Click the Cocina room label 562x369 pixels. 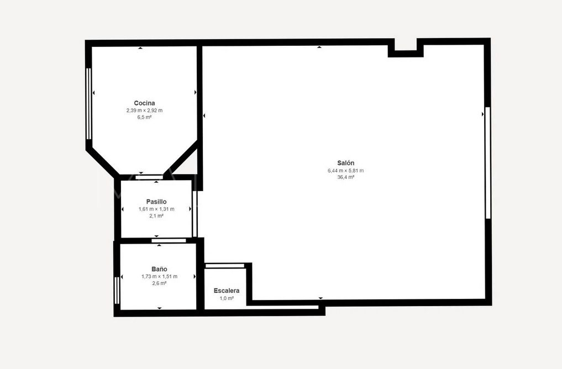coord(144,103)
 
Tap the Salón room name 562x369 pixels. coord(345,163)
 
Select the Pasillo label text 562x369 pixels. coord(156,202)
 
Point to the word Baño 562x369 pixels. coord(159,269)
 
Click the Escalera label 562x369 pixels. coord(227,291)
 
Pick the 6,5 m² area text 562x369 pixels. coord(144,117)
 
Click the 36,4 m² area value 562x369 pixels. coord(345,177)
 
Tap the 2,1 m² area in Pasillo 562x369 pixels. coord(156,216)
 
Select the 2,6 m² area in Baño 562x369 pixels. coord(159,283)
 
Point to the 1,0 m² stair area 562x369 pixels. coord(227,298)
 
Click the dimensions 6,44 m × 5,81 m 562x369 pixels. coord(345,170)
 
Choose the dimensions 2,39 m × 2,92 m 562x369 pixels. coord(144,110)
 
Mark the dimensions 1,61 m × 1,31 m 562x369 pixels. coord(156,209)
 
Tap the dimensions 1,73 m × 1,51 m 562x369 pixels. coord(159,276)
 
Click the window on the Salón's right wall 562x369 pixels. coord(487,162)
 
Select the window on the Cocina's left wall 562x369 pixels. coord(88,103)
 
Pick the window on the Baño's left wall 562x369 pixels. coord(117,290)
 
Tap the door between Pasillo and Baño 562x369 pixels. coord(168,240)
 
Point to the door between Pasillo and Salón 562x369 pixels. coord(195,213)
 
